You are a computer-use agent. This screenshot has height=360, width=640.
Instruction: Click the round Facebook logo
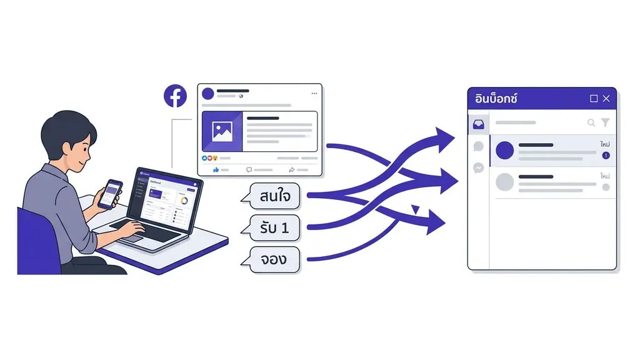pos(176,96)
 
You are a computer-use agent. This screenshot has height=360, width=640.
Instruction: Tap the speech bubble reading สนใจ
pos(274,197)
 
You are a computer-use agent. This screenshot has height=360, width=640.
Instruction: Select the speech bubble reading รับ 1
pos(274,228)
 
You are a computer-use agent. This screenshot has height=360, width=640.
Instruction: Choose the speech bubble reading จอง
pos(274,259)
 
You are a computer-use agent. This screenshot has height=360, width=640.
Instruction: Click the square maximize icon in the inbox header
pos(594,99)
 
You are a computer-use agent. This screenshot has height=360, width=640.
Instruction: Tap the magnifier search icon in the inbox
pos(591,123)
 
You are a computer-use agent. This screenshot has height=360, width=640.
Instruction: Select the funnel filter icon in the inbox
pos(605,123)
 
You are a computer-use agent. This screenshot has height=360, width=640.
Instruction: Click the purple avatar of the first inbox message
pos(504,150)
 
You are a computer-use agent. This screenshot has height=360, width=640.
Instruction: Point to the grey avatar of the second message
pos(504,182)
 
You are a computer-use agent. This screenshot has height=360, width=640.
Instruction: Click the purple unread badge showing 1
pos(605,156)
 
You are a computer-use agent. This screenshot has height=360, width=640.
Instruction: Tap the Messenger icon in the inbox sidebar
pos(478,167)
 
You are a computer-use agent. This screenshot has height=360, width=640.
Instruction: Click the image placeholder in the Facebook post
pos(222,131)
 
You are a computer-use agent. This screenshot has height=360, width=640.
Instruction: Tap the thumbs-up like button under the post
pos(216,169)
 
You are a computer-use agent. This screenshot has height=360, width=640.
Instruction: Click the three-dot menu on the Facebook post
pos(314,94)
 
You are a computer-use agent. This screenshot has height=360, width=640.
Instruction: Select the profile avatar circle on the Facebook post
pos(208,94)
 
